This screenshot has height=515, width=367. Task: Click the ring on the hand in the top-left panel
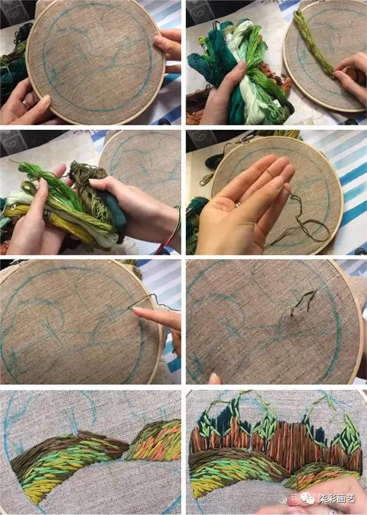click(25, 104)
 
